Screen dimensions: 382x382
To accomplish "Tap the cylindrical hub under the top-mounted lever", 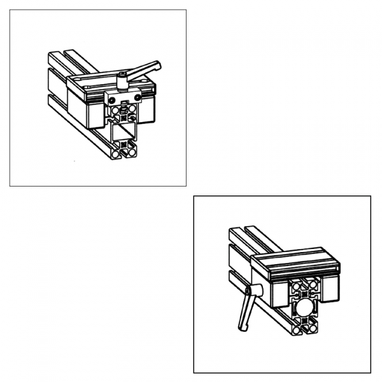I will pyautogui.click(x=121, y=81).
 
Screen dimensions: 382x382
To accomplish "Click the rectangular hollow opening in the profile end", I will pyautogui.click(x=124, y=132).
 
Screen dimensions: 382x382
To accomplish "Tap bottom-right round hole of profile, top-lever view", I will pyautogui.click(x=132, y=152).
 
